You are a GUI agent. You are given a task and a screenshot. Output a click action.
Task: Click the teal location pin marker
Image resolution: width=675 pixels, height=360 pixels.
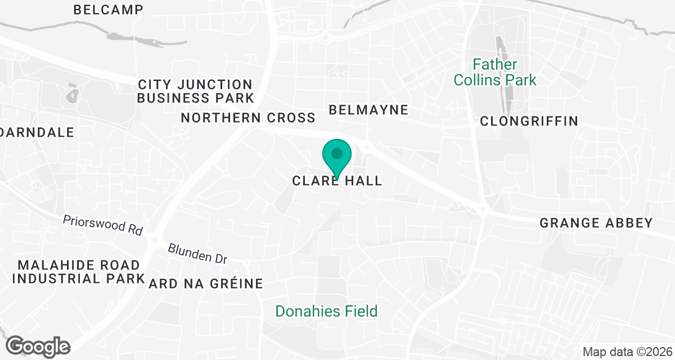[x=337, y=155]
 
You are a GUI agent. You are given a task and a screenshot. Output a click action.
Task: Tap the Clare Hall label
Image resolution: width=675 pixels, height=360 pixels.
[x=337, y=181]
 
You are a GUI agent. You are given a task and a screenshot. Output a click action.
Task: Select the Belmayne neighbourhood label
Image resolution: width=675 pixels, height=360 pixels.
[x=368, y=110]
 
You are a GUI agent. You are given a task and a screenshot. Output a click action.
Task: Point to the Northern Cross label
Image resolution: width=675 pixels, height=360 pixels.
[x=247, y=118]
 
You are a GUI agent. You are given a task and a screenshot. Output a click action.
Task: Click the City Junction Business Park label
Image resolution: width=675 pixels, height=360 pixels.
[x=195, y=91]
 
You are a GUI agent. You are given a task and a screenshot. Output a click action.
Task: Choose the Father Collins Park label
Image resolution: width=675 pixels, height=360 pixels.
[x=495, y=73]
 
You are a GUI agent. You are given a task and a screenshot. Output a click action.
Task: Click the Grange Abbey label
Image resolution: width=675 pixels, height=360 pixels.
[x=596, y=223]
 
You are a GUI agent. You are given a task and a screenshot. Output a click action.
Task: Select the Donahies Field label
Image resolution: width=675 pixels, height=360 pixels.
[x=326, y=311]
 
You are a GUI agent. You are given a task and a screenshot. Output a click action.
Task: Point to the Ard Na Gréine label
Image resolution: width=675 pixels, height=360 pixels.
[x=206, y=283]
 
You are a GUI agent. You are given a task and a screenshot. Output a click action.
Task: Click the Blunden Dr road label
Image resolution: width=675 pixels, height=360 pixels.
[x=197, y=254]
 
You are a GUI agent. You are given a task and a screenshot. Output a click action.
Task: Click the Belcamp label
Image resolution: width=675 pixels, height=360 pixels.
[x=108, y=10]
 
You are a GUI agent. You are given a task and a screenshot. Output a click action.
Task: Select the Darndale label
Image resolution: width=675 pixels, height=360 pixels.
[x=37, y=133]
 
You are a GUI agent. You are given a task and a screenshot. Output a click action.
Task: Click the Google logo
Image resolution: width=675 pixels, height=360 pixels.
[x=39, y=346]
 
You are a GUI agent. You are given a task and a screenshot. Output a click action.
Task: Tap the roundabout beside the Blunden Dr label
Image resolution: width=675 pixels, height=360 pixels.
[x=246, y=262]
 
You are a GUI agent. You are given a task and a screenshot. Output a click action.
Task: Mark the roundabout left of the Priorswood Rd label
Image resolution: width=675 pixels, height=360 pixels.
[x=154, y=240]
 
